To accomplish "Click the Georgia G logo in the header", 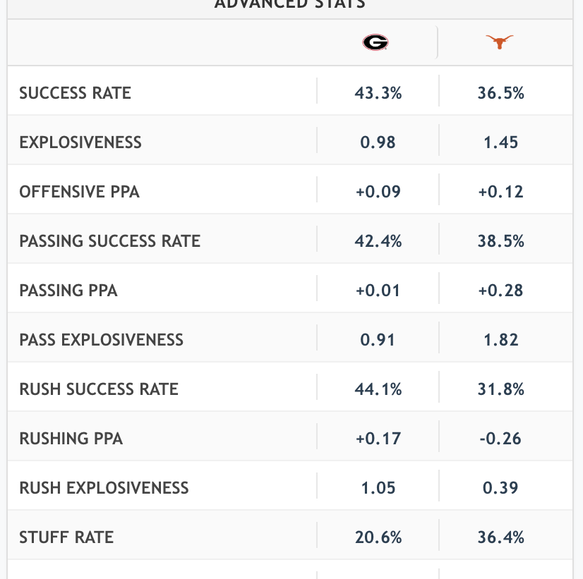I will tap(375, 43).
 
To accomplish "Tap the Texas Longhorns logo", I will tap(500, 43).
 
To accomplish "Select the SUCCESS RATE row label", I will tap(76, 93).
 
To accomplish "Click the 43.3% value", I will tap(378, 93).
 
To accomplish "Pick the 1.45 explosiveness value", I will tap(501, 142).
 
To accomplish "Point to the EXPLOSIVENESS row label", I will tap(80, 142).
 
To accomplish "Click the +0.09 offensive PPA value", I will tap(378, 192).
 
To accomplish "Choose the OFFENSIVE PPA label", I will tap(80, 192).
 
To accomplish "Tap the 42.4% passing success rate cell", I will tap(378, 241).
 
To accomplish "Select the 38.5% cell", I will tap(501, 241).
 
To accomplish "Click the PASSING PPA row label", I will tap(68, 291).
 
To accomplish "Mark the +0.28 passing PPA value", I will tap(501, 291).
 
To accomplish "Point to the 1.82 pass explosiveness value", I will tap(501, 340).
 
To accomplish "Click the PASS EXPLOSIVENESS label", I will tap(102, 340).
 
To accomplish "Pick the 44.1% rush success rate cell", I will tap(378, 389).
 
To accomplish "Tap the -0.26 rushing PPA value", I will tap(501, 439).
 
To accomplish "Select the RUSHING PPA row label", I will tap(71, 439).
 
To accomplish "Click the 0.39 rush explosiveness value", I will tap(501, 488).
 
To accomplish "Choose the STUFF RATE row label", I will tap(66, 537).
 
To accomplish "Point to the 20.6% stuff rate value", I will tap(378, 537).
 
